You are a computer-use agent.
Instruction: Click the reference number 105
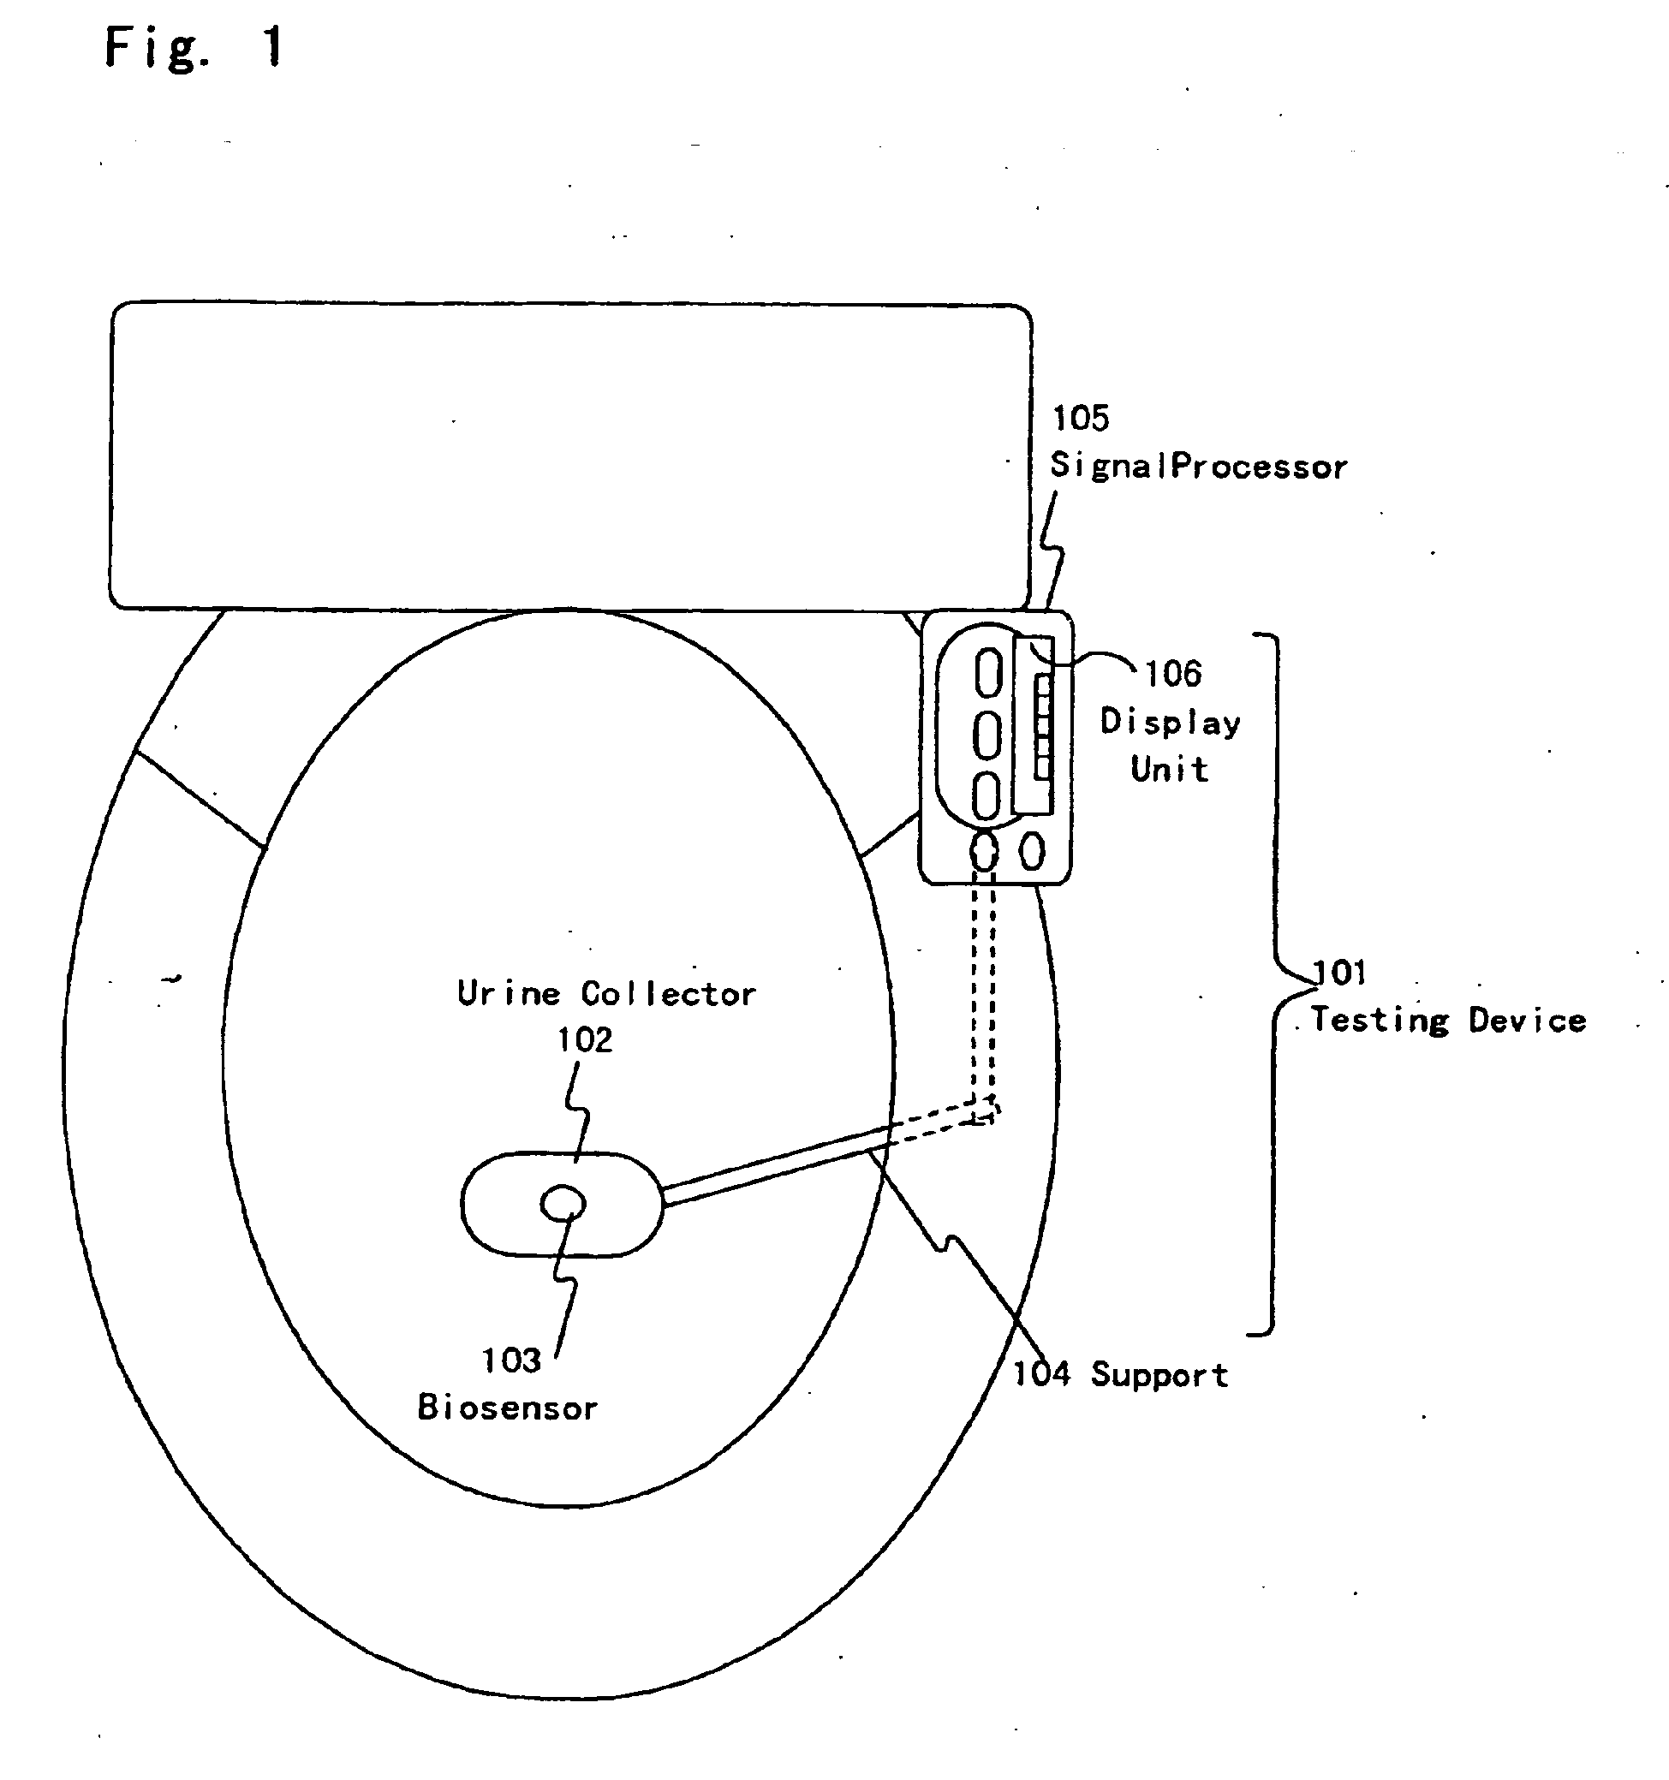point(1080,417)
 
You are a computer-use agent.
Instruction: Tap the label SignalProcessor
point(1198,467)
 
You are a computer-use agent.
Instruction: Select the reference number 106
point(1173,673)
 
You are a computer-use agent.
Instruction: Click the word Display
point(1171,723)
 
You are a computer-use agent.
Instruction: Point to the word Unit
point(1170,769)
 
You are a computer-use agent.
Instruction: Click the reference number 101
point(1339,973)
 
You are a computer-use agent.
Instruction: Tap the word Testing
point(1380,1021)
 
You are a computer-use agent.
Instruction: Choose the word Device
point(1528,1021)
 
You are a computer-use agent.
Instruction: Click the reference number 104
point(1041,1372)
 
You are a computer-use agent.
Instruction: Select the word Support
point(1159,1374)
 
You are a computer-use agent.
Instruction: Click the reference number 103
point(511,1360)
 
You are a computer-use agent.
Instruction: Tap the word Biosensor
point(508,1408)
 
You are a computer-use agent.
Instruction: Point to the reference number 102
point(585,1039)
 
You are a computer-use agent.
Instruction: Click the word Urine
point(509,993)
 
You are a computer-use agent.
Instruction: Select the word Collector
point(668,994)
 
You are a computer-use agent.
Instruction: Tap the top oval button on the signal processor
point(987,671)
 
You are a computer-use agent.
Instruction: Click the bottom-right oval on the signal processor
point(1033,852)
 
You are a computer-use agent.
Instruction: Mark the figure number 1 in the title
point(273,46)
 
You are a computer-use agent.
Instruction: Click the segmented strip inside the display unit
point(1042,726)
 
